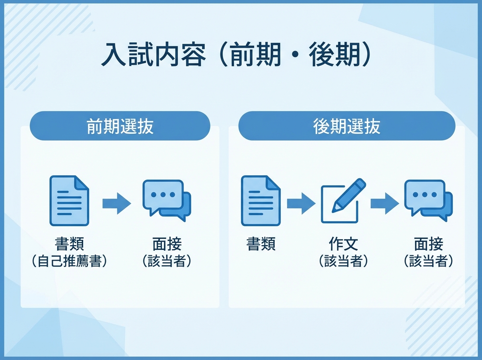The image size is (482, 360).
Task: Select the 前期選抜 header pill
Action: tap(120, 127)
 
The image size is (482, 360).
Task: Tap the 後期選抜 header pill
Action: tap(347, 127)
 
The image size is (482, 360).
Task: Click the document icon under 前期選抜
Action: tap(69, 200)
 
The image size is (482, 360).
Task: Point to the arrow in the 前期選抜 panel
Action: tap(116, 203)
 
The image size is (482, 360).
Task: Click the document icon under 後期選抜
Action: tap(261, 200)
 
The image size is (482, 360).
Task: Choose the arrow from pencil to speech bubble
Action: tap(384, 203)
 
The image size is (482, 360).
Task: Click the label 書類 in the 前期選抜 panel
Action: tap(70, 245)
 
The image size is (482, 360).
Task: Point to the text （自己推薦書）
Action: tap(70, 262)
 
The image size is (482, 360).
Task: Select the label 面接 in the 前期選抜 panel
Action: tap(167, 245)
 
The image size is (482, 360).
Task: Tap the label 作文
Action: tap(343, 245)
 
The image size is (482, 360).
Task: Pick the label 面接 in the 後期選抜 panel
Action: tap(429, 245)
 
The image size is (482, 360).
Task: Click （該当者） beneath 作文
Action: tap(343, 262)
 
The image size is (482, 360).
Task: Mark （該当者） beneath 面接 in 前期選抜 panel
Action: tap(167, 262)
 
